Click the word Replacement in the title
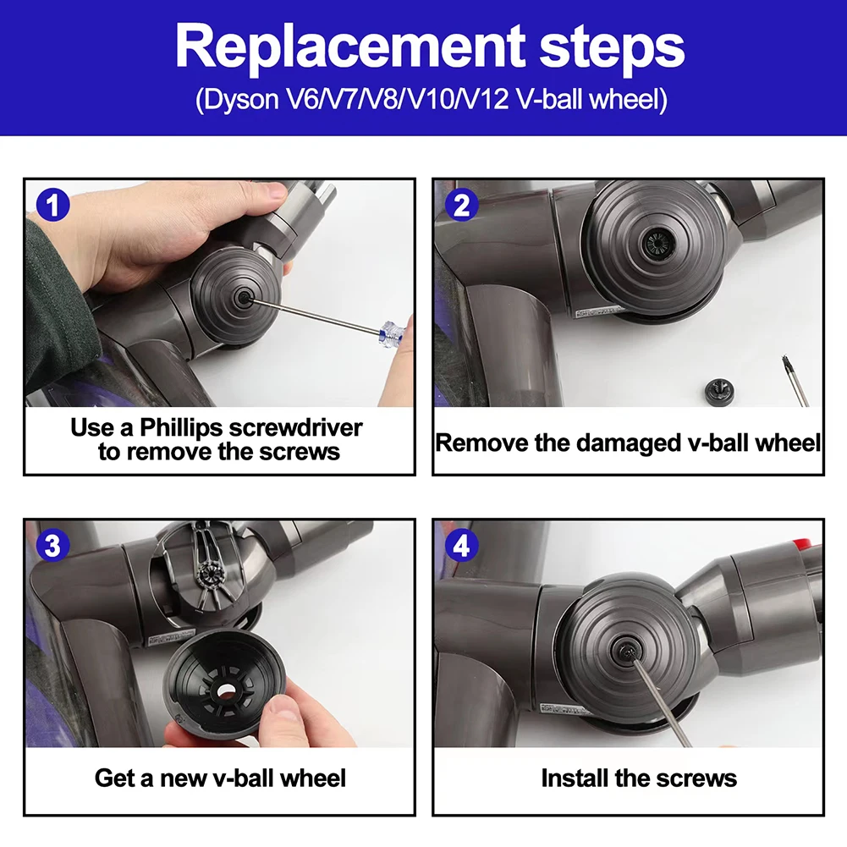click(350, 47)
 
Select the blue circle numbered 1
click(53, 205)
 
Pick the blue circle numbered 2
click(461, 205)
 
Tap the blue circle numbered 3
click(53, 545)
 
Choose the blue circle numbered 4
click(461, 545)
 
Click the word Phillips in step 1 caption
click(181, 428)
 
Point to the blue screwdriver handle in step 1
click(392, 333)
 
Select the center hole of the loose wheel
click(227, 691)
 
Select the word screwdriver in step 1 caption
click(295, 428)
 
